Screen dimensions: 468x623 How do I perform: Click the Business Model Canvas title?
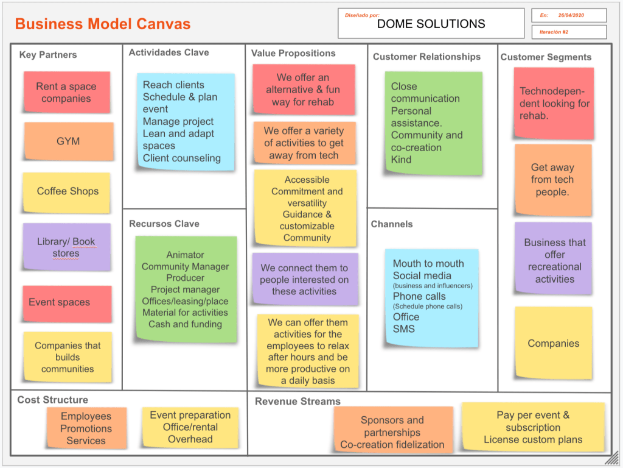pyautogui.click(x=103, y=24)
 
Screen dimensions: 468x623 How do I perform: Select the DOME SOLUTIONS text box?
pyautogui.click(x=431, y=24)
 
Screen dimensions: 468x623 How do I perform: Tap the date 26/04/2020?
pyautogui.click(x=571, y=15)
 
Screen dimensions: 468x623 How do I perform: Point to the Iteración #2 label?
pyautogui.click(x=554, y=32)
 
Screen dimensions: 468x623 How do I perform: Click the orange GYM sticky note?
pyautogui.click(x=69, y=141)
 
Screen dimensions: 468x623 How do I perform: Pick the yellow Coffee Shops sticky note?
pyautogui.click(x=67, y=192)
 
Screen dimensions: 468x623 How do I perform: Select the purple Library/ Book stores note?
pyautogui.click(x=66, y=247)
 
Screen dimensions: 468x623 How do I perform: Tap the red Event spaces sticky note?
pyautogui.click(x=67, y=303)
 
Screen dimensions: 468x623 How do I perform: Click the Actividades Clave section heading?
pyautogui.click(x=169, y=53)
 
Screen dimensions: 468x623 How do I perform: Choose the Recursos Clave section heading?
pyautogui.click(x=164, y=224)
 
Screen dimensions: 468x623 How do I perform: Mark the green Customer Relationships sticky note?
pyautogui.click(x=433, y=123)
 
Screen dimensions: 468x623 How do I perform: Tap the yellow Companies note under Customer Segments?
pyautogui.click(x=553, y=343)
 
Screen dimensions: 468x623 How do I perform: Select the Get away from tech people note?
pyautogui.click(x=552, y=180)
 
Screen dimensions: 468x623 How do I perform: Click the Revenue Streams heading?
pyautogui.click(x=298, y=402)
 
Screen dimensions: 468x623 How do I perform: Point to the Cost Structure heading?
pyautogui.click(x=52, y=400)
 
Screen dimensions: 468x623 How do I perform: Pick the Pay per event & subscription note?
pyautogui.click(x=533, y=427)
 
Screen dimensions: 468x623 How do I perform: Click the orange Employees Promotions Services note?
pyautogui.click(x=86, y=428)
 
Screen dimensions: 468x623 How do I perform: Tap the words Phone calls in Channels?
pyautogui.click(x=419, y=296)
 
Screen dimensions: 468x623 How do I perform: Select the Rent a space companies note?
pyautogui.click(x=66, y=92)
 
